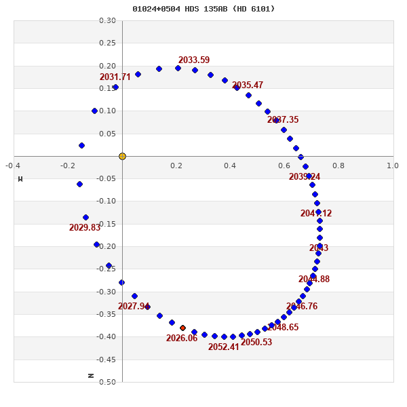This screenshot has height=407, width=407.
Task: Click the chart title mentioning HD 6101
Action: pyautogui.click(x=203, y=9)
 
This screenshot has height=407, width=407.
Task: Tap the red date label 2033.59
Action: pyautogui.click(x=194, y=60)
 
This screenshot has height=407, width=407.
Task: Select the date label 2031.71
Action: pyautogui.click(x=115, y=77)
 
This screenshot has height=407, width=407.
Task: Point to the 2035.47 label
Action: pyautogui.click(x=248, y=85)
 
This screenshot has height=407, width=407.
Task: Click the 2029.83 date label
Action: pyautogui.click(x=85, y=228)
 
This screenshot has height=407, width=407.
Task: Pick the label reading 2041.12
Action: pyautogui.click(x=316, y=214)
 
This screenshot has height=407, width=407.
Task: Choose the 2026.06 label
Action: pyautogui.click(x=182, y=338)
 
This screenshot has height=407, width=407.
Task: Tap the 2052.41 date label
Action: pyautogui.click(x=224, y=347)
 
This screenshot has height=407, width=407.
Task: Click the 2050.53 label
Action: pyautogui.click(x=256, y=343)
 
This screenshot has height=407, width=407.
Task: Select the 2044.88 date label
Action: pyautogui.click(x=314, y=279)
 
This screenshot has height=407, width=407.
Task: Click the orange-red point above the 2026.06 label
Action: pyautogui.click(x=182, y=328)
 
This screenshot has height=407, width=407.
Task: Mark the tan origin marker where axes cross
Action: pyautogui.click(x=122, y=156)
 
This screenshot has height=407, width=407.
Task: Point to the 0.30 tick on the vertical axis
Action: pyautogui.click(x=107, y=21)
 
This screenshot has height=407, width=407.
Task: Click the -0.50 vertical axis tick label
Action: pyautogui.click(x=106, y=382)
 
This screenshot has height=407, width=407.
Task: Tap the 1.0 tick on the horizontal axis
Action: pyautogui.click(x=393, y=166)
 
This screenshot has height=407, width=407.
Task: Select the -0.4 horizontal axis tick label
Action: pyautogui.click(x=13, y=166)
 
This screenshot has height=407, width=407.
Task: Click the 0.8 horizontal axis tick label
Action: pyautogui.click(x=338, y=166)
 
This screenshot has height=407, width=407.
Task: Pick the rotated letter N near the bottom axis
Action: pyautogui.click(x=91, y=375)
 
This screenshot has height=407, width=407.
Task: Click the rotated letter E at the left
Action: pyautogui.click(x=20, y=179)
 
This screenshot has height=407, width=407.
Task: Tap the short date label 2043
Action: pyautogui.click(x=319, y=248)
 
